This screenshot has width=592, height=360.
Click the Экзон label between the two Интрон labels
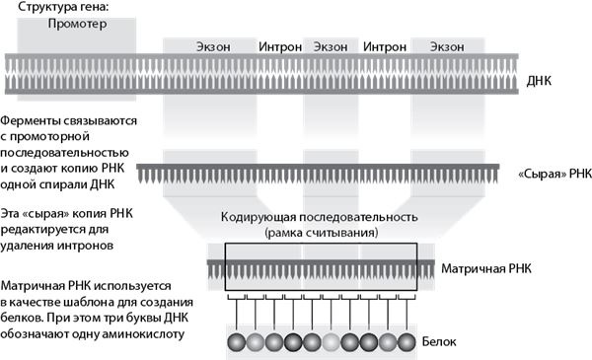pyautogui.click(x=332, y=45)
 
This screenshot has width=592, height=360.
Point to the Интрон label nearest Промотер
pyautogui.click(x=280, y=45)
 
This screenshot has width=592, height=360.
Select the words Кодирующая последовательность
pyautogui.click(x=321, y=216)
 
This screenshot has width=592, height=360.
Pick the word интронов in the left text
pyautogui.click(x=88, y=243)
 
